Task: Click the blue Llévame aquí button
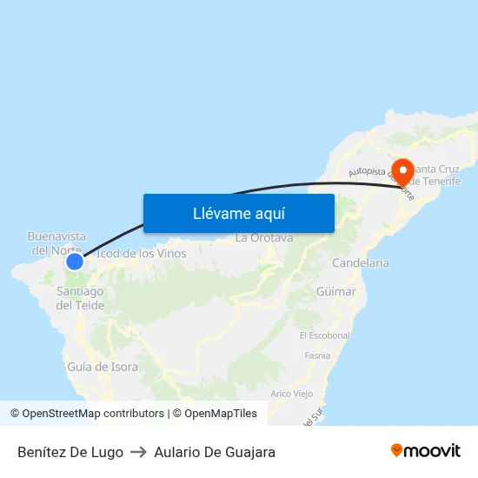point(238,213)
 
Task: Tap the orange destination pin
point(402,172)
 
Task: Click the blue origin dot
point(75,261)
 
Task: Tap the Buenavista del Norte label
point(57,242)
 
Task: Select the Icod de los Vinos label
point(141,254)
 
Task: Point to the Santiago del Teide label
point(80,298)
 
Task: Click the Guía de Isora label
point(103,367)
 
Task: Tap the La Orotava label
point(264,237)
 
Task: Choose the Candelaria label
point(361,262)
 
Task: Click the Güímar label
point(336,292)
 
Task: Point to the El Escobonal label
point(324,335)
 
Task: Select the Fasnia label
point(317,355)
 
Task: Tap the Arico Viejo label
point(292,394)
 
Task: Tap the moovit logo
point(426,450)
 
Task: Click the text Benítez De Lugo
point(70,452)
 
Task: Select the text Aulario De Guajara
point(215,452)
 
